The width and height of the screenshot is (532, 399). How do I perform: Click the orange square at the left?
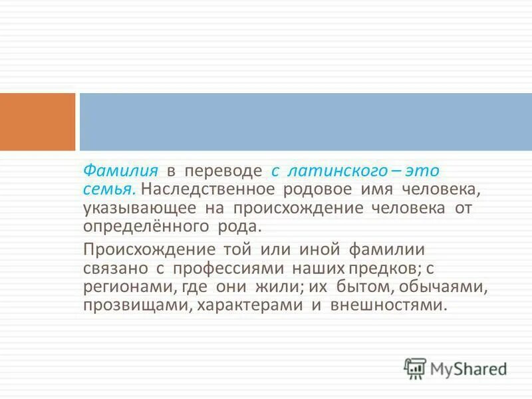37,122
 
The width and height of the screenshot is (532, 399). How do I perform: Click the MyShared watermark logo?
456,368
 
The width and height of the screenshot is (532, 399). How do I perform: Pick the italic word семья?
108,189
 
